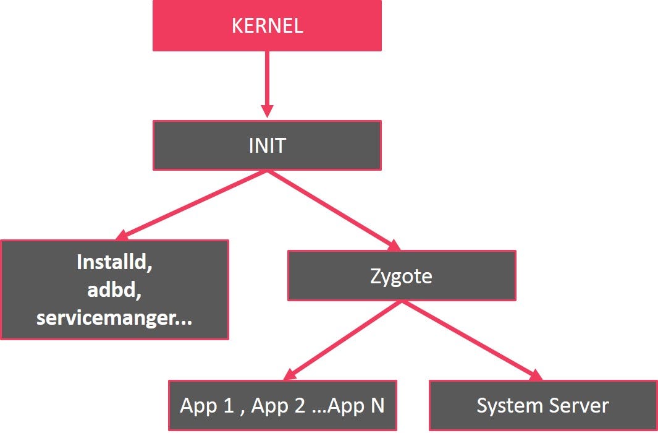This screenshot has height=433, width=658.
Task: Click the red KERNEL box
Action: pyautogui.click(x=267, y=25)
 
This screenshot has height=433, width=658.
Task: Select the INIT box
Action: pyautogui.click(x=267, y=145)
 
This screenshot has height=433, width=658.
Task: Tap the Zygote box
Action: pyautogui.click(x=402, y=275)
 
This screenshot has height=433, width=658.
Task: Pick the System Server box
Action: pyautogui.click(x=542, y=406)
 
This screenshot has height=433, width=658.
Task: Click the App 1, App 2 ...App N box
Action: pyautogui.click(x=282, y=406)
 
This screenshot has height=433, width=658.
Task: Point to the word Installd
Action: pyautogui.click(x=115, y=262)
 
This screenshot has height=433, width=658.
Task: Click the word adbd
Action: pyautogui.click(x=115, y=289)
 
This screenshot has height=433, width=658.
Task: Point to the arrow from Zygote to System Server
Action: pyautogui.click(x=470, y=340)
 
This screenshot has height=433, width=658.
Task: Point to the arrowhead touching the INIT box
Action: pyautogui.click(x=267, y=111)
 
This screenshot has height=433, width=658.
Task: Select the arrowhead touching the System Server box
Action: pyautogui.click(x=534, y=375)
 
